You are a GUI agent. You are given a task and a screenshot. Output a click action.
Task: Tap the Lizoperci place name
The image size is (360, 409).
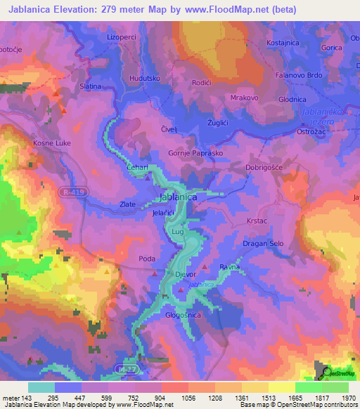(x=121, y=36)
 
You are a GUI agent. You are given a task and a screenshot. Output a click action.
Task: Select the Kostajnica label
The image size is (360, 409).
(x=284, y=44)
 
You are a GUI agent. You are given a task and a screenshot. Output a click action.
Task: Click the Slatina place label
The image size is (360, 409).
(x=91, y=86)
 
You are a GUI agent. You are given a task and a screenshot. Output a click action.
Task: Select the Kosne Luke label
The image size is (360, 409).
(x=50, y=143)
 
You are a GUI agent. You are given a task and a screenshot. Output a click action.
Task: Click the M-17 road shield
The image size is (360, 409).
(x=125, y=368)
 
